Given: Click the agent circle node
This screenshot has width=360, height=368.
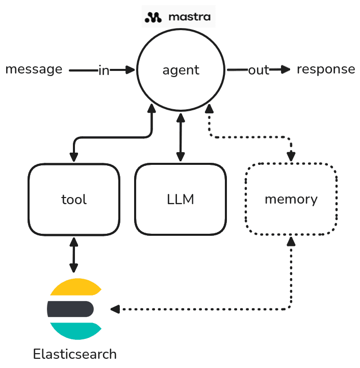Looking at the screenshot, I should (181, 70).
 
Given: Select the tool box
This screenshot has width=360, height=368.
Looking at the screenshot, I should (74, 199).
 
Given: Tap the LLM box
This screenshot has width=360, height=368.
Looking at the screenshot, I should (180, 199).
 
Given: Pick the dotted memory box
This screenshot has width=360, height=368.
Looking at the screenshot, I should (291, 199).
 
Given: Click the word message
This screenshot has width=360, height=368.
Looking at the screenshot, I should (34, 69).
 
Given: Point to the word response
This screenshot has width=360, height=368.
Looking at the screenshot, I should (325, 69).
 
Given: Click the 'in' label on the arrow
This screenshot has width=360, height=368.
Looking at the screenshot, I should (104, 70).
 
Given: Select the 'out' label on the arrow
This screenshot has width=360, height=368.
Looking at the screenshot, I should (258, 70).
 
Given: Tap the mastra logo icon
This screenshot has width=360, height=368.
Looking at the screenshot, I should (153, 18).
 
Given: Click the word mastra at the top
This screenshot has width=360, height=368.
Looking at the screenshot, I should (189, 18).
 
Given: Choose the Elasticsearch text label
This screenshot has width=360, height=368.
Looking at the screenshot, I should (74, 354).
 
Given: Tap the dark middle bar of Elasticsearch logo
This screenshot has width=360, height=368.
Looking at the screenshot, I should (70, 309).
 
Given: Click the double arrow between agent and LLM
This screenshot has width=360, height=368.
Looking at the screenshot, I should (180, 138).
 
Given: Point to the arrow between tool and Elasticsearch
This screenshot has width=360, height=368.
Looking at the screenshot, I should (74, 254).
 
